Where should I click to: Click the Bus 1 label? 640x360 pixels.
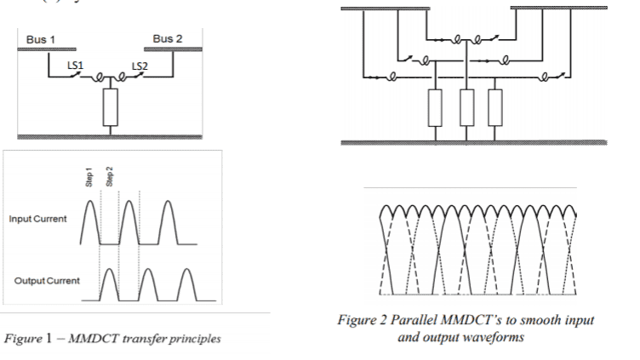(43, 40)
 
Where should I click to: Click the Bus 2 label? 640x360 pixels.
(167, 39)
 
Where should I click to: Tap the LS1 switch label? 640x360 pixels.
(77, 65)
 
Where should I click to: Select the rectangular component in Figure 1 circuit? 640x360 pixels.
(109, 107)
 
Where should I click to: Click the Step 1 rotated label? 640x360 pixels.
(89, 175)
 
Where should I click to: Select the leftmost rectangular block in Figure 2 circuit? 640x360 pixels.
(435, 106)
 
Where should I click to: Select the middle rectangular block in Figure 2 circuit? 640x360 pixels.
(465, 106)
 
